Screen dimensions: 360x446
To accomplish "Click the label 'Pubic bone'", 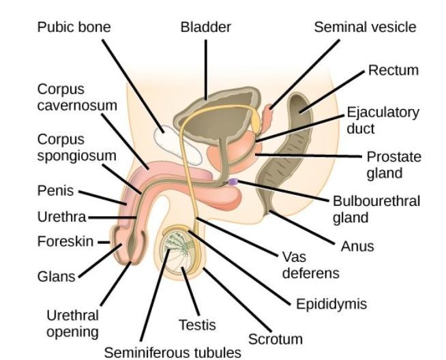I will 74,27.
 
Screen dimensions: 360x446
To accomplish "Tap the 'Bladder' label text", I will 205,27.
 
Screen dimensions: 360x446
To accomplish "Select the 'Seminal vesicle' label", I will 364,27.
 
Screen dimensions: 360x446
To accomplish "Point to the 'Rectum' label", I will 393,70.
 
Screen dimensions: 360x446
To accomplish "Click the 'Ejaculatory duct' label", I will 373,120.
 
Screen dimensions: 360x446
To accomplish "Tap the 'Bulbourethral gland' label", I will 376,209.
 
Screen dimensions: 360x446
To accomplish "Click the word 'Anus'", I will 357,245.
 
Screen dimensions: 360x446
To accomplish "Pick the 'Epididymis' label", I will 331,304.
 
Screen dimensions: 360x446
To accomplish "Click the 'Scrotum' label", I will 275,339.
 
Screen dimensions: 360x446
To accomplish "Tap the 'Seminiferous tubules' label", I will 173,352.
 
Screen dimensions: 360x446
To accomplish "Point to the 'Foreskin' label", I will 65,241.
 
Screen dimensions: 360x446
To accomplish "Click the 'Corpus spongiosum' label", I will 76,147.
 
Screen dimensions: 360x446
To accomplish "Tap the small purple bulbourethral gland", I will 233,182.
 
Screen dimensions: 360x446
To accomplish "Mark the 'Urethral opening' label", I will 72,324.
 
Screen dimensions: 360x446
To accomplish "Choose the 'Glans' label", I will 57,277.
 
